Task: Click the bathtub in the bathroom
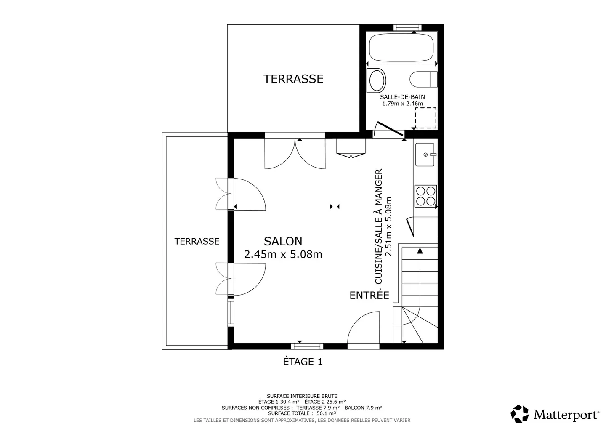pos(401,48)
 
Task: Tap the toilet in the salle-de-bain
pos(423,79)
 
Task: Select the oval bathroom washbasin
pos(376,80)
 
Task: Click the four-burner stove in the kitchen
pos(425,196)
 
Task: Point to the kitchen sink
pos(425,154)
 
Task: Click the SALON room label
pos(283,241)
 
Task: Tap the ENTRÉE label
pos(369,295)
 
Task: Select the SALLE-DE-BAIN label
pos(402,97)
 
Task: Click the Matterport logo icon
pos(519,413)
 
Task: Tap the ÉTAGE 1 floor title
pos(303,362)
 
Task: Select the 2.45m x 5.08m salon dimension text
pos(283,254)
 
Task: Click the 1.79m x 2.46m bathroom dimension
pos(402,104)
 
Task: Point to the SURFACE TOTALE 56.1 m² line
pos(302,413)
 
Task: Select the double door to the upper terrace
pos(295,154)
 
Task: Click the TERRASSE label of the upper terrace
pos(293,79)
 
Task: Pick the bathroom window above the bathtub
pos(407,27)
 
